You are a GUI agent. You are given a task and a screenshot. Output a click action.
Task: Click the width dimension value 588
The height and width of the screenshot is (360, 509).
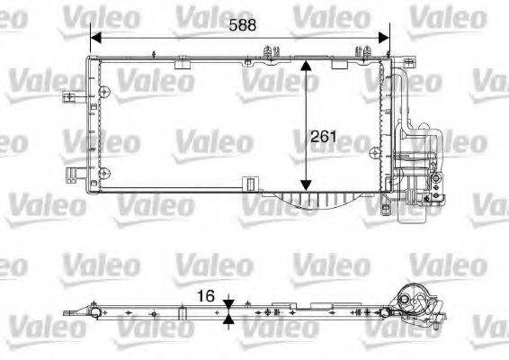pos(240,25)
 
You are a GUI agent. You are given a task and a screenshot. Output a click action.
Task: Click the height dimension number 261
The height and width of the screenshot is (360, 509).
pos(322,138)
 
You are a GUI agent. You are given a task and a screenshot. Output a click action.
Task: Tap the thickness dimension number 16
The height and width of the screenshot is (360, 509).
pos(205,295)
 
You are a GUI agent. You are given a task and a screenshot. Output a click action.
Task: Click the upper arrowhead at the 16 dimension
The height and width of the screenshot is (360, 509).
pos(229,302)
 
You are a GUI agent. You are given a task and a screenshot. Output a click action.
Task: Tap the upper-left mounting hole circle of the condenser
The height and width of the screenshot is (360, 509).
pos(105,91)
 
